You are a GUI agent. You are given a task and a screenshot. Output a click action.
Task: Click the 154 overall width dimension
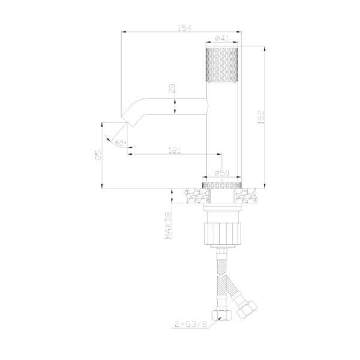[x=185, y=28]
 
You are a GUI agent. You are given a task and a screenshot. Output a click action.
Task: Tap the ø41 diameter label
[x=222, y=38]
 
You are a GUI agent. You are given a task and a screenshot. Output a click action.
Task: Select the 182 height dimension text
[x=261, y=118]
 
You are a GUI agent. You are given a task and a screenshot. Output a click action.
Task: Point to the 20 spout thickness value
[x=172, y=88]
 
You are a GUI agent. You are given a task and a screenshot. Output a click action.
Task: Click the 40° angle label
[x=120, y=143]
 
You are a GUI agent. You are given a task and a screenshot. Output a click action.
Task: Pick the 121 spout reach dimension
[x=175, y=151]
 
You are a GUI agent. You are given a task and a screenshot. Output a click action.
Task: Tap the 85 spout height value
[x=98, y=155]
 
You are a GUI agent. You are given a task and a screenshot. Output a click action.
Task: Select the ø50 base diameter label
[x=222, y=173]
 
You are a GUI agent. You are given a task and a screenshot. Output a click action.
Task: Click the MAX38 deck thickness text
[x=168, y=226]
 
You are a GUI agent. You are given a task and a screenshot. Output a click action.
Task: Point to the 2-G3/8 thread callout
[x=191, y=324]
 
